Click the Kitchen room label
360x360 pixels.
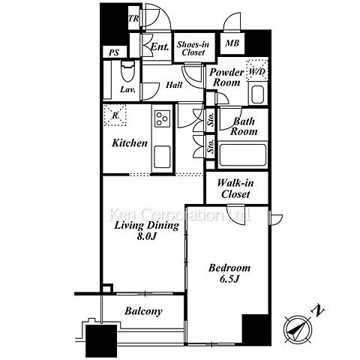[130, 143]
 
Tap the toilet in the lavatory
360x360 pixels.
[128, 71]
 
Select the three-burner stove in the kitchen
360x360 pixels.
[162, 118]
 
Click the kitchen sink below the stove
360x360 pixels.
[162, 157]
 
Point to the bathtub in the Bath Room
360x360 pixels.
[242, 154]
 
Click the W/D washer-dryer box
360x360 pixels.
[257, 70]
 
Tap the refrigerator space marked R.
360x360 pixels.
[115, 115]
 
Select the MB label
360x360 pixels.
[232, 43]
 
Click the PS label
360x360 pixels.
[114, 52]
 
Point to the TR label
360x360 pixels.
[133, 18]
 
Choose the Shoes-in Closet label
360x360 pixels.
[193, 49]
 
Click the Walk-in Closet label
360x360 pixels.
[235, 188]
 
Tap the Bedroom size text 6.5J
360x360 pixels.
[229, 279]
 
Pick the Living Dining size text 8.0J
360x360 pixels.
[147, 236]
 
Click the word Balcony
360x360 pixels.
[143, 311]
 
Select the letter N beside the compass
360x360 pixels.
[318, 310]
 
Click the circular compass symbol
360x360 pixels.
[298, 329]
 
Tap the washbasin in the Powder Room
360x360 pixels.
[258, 94]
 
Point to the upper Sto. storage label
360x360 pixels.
[211, 119]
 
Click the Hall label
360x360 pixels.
[174, 85]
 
